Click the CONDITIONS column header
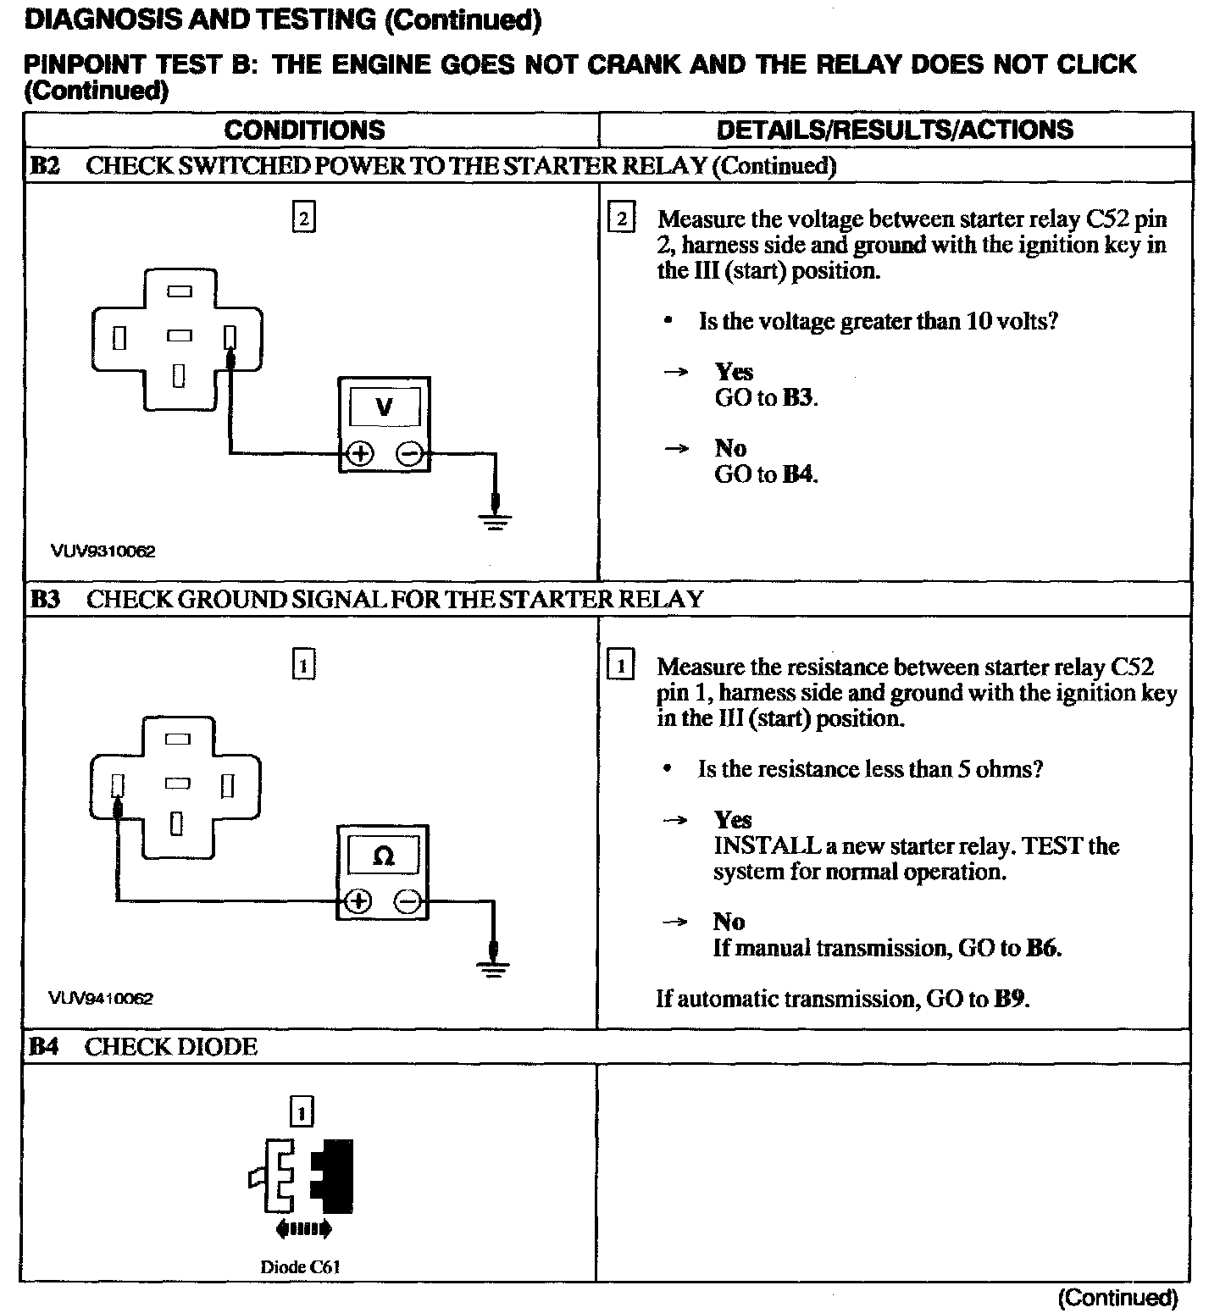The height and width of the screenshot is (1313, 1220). click(x=304, y=130)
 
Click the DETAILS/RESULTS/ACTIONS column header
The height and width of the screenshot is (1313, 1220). click(x=895, y=130)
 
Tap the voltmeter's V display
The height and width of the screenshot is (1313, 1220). click(x=384, y=407)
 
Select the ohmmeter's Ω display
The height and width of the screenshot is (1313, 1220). click(x=383, y=856)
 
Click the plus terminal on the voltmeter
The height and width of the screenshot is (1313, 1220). click(x=360, y=454)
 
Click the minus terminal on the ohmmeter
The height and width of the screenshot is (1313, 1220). click(x=408, y=901)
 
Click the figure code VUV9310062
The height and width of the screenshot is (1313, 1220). click(x=103, y=551)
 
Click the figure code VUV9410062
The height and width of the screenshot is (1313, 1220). click(x=101, y=999)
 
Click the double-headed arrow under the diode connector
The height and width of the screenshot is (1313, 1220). click(x=303, y=1228)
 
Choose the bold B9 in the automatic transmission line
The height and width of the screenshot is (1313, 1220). click(x=1011, y=999)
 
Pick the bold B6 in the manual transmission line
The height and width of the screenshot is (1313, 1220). click(x=1042, y=948)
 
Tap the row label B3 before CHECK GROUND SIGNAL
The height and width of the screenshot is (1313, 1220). click(x=45, y=600)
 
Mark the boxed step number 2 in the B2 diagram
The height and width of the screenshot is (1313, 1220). click(x=303, y=219)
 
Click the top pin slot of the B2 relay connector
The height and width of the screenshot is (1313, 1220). click(x=179, y=291)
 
